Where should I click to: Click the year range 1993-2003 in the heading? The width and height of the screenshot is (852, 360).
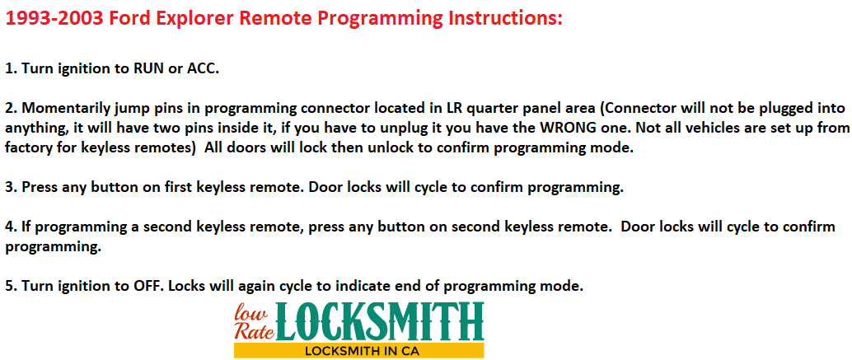click(55, 19)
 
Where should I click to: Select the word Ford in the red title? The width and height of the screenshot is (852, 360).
click(130, 19)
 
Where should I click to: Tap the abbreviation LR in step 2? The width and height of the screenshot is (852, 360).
click(438, 108)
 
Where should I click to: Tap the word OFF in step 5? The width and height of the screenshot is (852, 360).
click(146, 286)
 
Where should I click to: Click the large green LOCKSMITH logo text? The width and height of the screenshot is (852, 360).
click(380, 321)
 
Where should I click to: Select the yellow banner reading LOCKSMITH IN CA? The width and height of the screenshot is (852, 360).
click(358, 351)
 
